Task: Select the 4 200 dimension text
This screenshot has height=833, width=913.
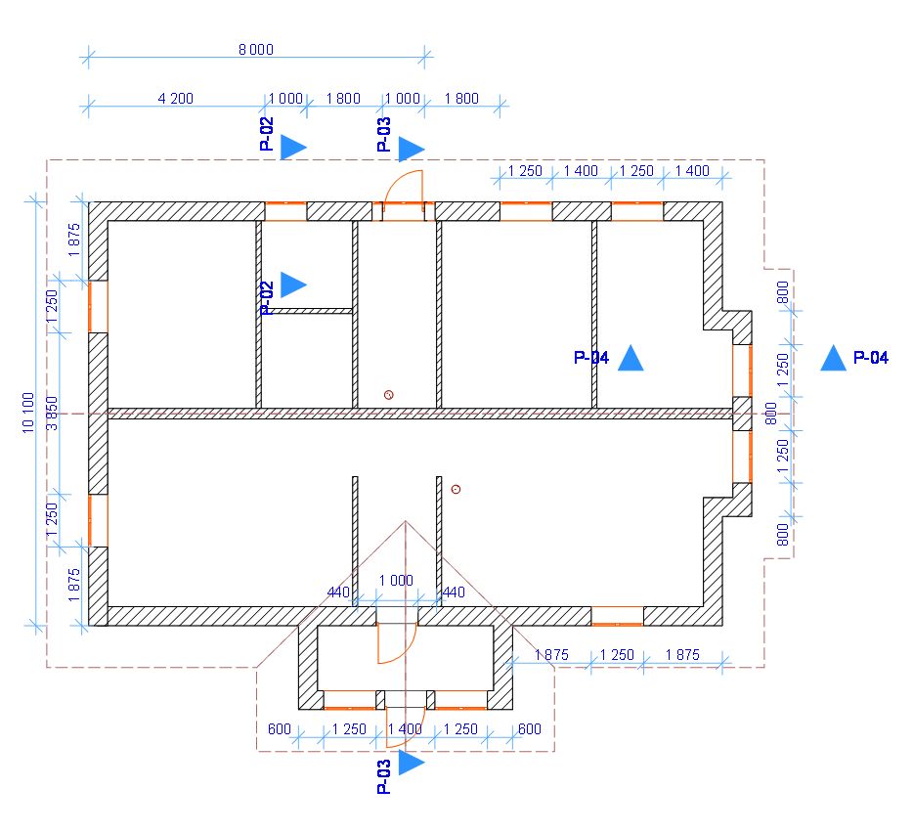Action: pyautogui.click(x=175, y=99)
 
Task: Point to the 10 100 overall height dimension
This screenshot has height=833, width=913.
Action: pyautogui.click(x=28, y=412)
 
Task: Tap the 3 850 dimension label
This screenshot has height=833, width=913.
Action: pyautogui.click(x=54, y=412)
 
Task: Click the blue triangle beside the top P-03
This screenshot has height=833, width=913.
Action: pyautogui.click(x=411, y=149)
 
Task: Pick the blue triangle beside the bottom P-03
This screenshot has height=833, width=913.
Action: pyautogui.click(x=411, y=763)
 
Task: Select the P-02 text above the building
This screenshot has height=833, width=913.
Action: pyautogui.click(x=267, y=133)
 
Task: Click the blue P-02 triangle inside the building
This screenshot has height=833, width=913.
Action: pyautogui.click(x=292, y=285)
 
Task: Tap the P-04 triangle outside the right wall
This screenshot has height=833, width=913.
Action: pyautogui.click(x=833, y=358)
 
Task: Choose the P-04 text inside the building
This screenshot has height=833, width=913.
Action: pyautogui.click(x=590, y=359)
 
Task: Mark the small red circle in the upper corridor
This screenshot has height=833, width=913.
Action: pyautogui.click(x=389, y=395)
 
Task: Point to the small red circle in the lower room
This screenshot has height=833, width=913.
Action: pyautogui.click(x=456, y=489)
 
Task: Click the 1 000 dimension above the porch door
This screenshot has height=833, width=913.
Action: pyautogui.click(x=395, y=580)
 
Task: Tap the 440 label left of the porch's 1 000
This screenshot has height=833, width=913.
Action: pyautogui.click(x=338, y=592)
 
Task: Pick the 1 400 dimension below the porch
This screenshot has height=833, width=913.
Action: pyautogui.click(x=405, y=729)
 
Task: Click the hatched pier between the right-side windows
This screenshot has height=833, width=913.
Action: pyautogui.click(x=742, y=414)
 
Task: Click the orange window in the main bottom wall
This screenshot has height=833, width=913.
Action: pyautogui.click(x=617, y=616)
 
